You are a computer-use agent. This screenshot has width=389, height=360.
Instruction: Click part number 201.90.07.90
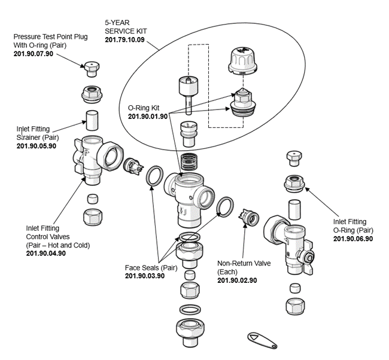pos(34,54)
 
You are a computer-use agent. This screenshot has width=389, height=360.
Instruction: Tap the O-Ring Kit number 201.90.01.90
pos(148,116)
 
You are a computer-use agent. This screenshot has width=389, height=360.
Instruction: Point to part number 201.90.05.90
pos(36,145)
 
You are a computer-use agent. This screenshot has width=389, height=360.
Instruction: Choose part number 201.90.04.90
pos(46,253)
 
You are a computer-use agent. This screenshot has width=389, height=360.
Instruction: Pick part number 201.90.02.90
pos(237,280)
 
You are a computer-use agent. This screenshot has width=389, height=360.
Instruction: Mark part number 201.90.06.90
pos(352,238)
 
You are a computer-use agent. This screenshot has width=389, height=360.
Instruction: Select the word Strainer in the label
pos(32,137)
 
